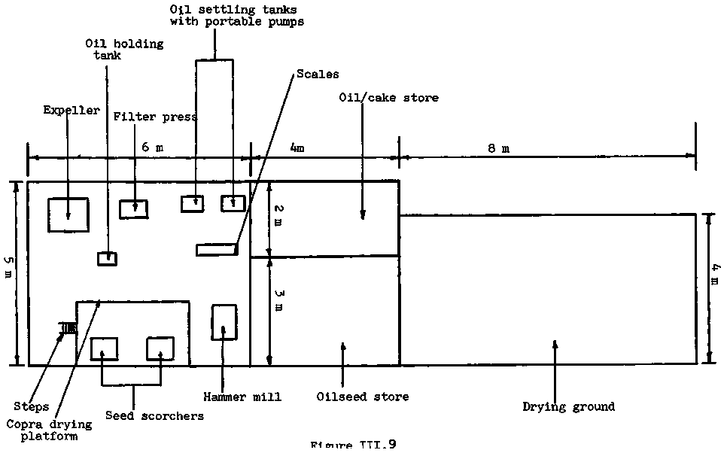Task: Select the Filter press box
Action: (x=134, y=208)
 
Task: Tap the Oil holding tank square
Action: (x=107, y=258)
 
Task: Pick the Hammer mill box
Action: (x=224, y=321)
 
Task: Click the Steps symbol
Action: (x=69, y=327)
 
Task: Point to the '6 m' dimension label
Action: (x=152, y=148)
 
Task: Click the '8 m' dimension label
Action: (x=498, y=148)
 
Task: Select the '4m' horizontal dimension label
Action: (x=297, y=148)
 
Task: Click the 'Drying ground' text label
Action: (x=568, y=407)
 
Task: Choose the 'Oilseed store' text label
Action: (x=363, y=397)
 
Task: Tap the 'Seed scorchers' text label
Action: (x=154, y=415)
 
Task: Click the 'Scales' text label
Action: (x=318, y=74)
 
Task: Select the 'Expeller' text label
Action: (x=71, y=111)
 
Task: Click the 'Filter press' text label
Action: (x=155, y=117)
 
